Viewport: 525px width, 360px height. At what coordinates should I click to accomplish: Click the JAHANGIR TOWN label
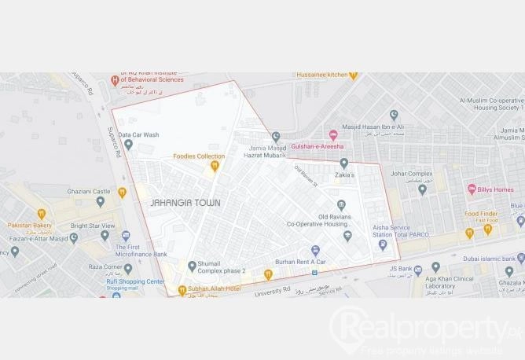pos(185,203)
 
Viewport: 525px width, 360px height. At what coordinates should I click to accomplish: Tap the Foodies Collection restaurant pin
pos(215,166)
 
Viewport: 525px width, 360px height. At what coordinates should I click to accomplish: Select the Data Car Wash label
pos(138,135)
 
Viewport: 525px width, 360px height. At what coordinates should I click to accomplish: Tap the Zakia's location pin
pos(343,163)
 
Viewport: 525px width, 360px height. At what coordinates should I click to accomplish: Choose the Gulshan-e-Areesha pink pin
pos(333,135)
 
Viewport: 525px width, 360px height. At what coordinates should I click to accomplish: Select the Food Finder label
pos(482,214)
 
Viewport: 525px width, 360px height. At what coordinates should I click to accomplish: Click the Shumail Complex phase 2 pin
pos(192,266)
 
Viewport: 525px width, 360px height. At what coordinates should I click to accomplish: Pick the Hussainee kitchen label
pos(321,75)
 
